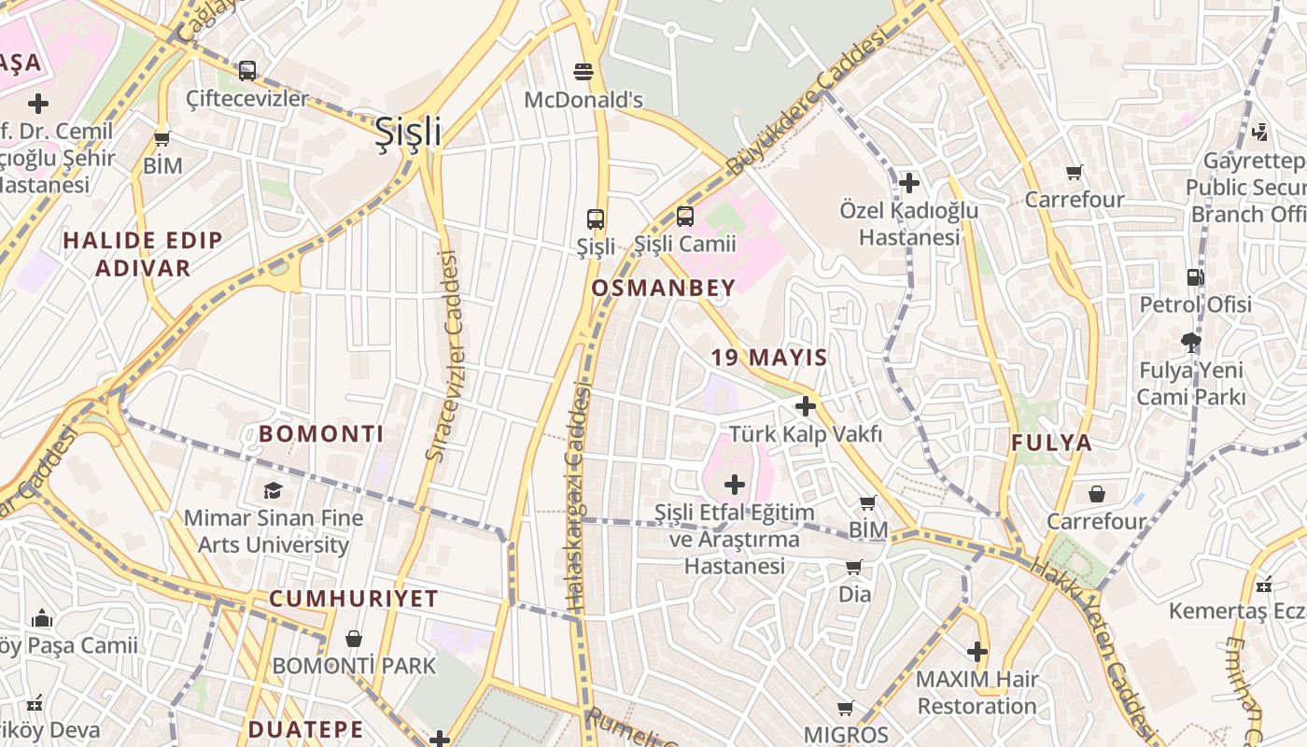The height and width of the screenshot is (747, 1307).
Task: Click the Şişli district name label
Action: [408, 133]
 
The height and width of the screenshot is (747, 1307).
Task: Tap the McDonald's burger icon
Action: [584, 71]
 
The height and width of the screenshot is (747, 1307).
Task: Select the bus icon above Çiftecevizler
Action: [247, 70]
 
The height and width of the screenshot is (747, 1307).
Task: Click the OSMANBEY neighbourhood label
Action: [664, 289]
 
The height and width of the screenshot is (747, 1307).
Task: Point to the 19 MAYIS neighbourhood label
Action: [769, 358]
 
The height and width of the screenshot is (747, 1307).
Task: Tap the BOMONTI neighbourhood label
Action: [321, 434]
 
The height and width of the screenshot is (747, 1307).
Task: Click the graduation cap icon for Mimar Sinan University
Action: [273, 490]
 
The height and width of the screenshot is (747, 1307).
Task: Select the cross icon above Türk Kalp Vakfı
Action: [806, 406]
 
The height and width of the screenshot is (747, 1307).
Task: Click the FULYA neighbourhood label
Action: [1051, 444]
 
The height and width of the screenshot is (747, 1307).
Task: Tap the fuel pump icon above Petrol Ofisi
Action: [1195, 277]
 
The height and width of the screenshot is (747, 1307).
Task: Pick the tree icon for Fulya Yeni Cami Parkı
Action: [1191, 343]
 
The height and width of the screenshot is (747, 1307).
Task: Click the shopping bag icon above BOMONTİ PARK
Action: [354, 639]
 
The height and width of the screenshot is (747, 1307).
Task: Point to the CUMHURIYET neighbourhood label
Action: [354, 599]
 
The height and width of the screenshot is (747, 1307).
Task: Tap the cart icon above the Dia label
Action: [854, 567]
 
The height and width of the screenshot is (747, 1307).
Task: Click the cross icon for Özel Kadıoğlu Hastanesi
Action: [909, 183]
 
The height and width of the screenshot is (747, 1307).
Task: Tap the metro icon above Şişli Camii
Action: [685, 217]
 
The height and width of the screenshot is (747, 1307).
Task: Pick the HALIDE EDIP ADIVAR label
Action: [142, 254]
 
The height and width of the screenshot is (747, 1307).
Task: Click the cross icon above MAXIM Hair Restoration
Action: [977, 651]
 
